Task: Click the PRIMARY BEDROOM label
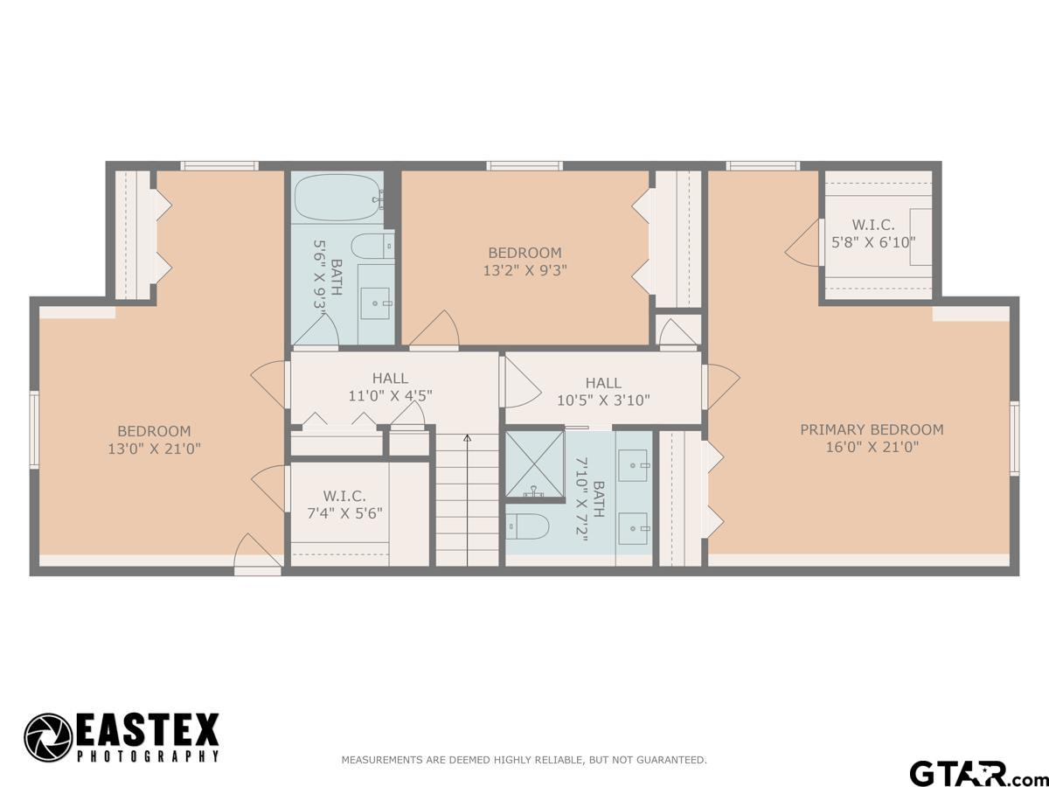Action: (x=872, y=429)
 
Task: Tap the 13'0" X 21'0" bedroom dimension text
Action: (x=154, y=449)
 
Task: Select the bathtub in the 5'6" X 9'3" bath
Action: (x=340, y=198)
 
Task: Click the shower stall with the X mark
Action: (x=535, y=463)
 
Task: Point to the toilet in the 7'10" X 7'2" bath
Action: (x=527, y=527)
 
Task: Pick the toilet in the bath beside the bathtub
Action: (x=372, y=247)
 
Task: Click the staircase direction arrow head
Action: (x=468, y=437)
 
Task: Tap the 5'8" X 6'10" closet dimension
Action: (x=873, y=242)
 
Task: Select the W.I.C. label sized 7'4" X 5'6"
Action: (x=344, y=496)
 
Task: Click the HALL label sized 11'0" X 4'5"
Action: (x=390, y=379)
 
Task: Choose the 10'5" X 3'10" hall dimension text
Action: (x=603, y=400)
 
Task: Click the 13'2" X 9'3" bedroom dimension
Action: (x=524, y=271)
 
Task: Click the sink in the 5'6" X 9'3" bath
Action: (x=376, y=303)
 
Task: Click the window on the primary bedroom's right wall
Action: (x=1014, y=438)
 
